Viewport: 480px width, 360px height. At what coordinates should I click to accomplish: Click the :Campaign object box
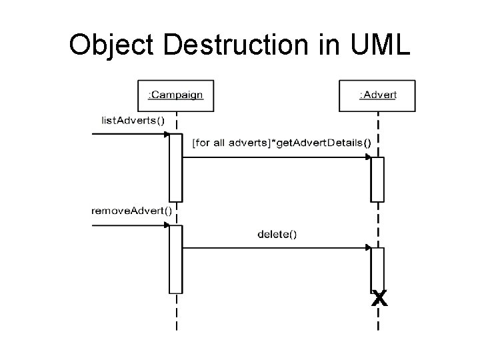point(175,95)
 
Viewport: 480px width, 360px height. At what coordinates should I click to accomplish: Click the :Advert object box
point(377,95)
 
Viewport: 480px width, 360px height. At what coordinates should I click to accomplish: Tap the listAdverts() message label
point(131,120)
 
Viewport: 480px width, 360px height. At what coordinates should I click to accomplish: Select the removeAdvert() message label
point(131,211)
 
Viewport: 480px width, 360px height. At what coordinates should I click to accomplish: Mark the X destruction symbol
point(379,299)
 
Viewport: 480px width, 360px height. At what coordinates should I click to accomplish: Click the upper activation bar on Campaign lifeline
point(175,167)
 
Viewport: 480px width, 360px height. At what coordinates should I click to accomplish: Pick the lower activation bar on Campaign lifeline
point(175,259)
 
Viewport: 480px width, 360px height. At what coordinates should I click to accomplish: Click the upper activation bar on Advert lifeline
point(377,179)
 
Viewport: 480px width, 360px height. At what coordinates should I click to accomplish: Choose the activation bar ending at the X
point(377,268)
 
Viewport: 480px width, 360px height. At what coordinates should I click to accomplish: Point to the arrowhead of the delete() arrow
point(367,247)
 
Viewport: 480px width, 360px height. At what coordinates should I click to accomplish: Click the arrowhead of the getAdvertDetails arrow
point(367,157)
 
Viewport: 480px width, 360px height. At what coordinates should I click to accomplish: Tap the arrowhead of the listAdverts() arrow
point(166,134)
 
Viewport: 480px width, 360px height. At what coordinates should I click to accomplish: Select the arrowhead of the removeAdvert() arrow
point(166,225)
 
